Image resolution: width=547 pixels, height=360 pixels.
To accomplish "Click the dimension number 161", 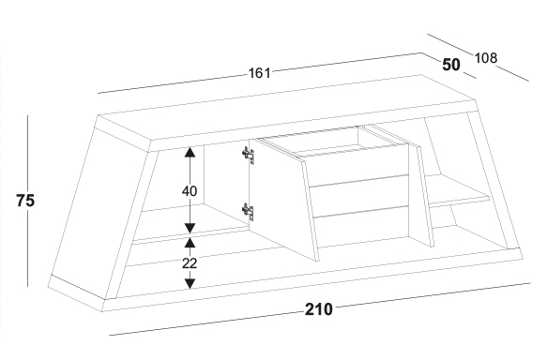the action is coord(259,73).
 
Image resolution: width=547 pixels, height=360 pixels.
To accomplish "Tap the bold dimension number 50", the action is coord(451,65).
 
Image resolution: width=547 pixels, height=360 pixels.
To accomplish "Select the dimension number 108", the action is coord(486,58).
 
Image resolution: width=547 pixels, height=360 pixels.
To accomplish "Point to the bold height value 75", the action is coord(25,201).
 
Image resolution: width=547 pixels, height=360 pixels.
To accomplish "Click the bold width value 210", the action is coord(319,309).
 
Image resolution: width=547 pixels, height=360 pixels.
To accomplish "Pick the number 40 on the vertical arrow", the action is coord(190,191).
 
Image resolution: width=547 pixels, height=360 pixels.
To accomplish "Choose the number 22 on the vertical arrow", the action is coord(190,263).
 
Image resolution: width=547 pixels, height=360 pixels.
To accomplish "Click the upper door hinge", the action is coord(248,155).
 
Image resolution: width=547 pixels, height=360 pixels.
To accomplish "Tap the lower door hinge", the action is coord(248,212).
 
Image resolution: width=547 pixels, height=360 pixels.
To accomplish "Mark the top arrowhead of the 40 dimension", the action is coord(190,152).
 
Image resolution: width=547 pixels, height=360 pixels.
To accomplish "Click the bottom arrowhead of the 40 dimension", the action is coord(190,228).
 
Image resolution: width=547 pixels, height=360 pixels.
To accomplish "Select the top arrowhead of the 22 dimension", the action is coord(190,243).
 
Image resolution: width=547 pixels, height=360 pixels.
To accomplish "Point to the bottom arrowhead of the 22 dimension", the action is coord(190,284).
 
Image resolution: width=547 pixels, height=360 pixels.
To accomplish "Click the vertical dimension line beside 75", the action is coord(28,201).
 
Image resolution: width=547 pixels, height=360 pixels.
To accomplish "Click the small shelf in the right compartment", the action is coord(457,191).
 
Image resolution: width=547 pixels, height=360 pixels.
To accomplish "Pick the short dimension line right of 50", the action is coord(470,76).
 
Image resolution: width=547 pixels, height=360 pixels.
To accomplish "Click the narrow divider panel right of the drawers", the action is coord(421,195).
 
